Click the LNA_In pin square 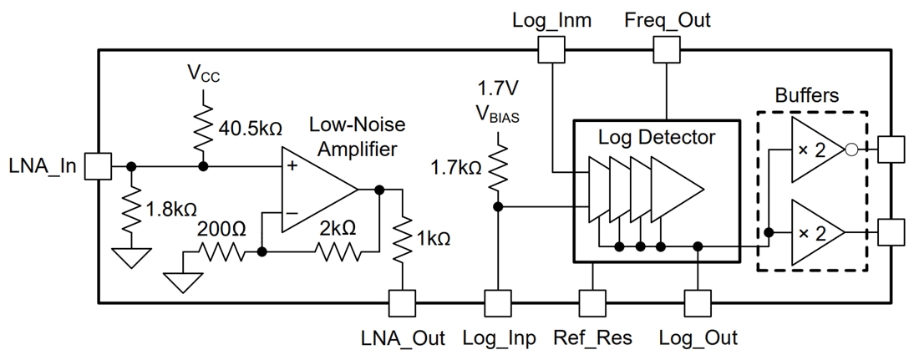coord(99,165)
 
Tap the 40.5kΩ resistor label coord(248,129)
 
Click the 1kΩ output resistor coord(403,237)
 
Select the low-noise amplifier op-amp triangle coord(313,190)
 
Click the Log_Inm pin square coord(551,52)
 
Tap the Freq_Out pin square coord(667,52)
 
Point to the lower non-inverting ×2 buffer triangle coord(815,232)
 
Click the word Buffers coord(806,95)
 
